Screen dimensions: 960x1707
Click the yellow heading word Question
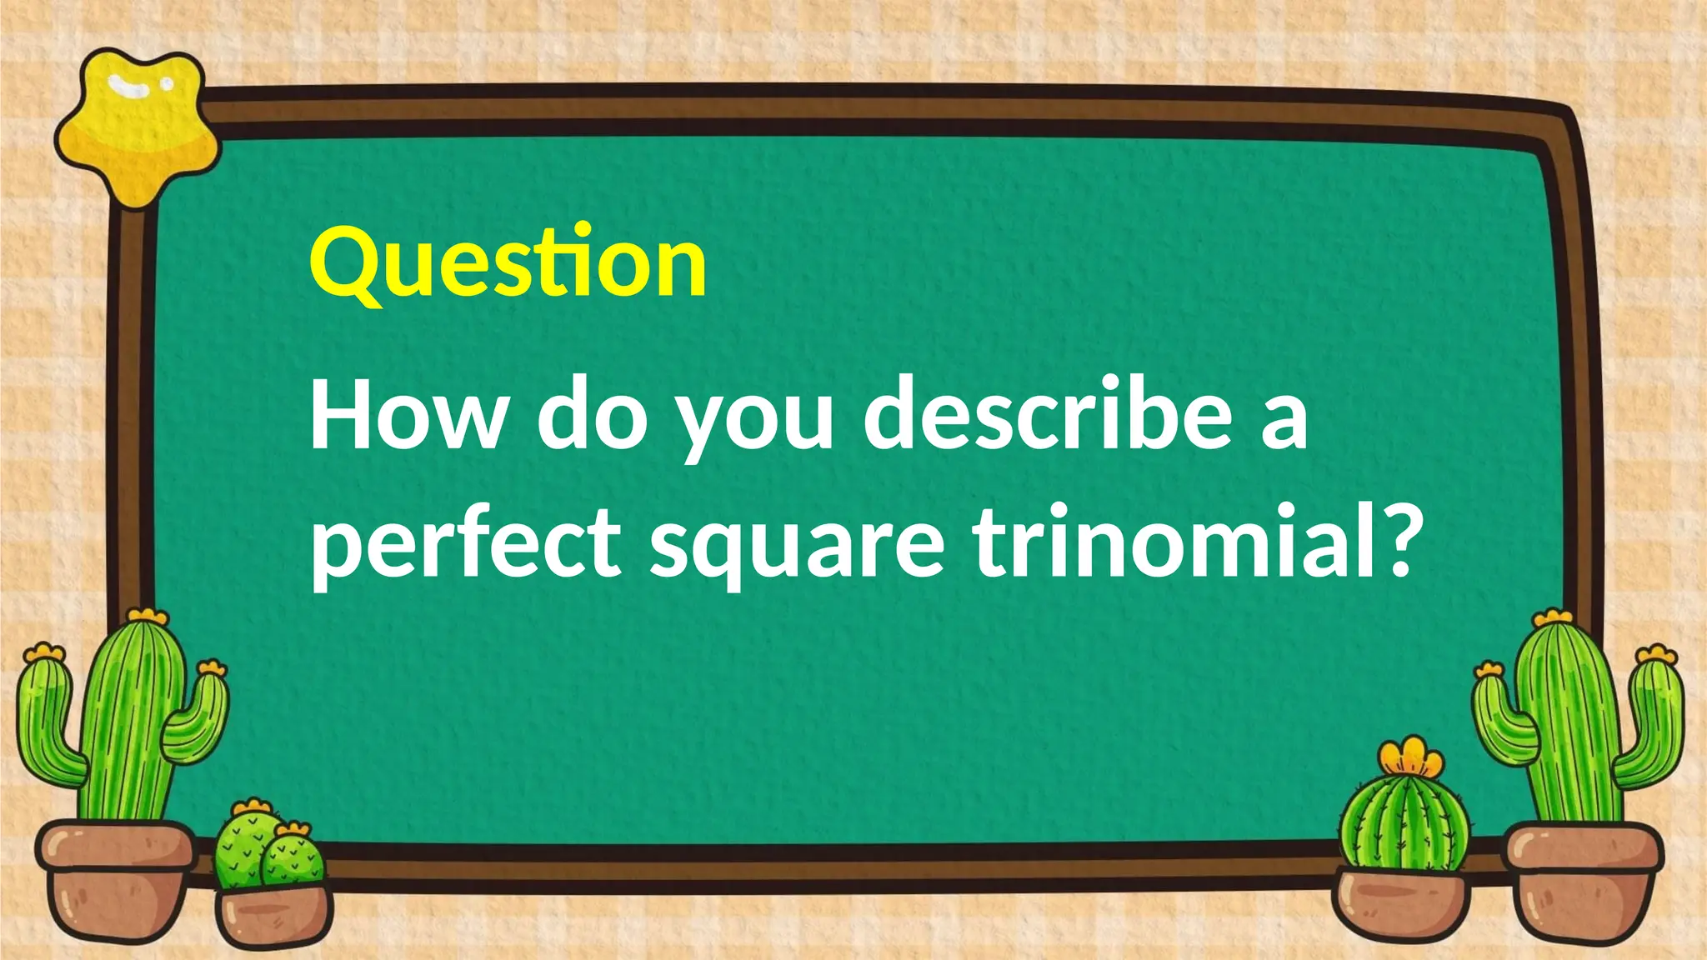[508, 262]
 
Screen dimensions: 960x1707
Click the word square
[798, 546]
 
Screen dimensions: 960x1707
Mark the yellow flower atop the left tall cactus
[148, 616]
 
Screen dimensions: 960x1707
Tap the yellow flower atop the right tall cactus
[1552, 618]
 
